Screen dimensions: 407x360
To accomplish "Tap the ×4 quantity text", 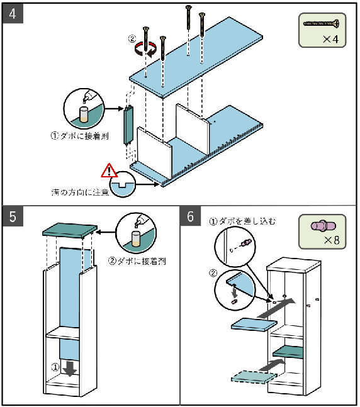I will tap(330, 40).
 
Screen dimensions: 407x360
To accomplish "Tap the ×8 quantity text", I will tap(332, 240).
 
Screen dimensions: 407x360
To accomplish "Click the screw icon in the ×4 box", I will tap(322, 24).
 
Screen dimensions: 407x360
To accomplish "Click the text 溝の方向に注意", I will tap(81, 192).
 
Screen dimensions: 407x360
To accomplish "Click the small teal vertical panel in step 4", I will tap(129, 124).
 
